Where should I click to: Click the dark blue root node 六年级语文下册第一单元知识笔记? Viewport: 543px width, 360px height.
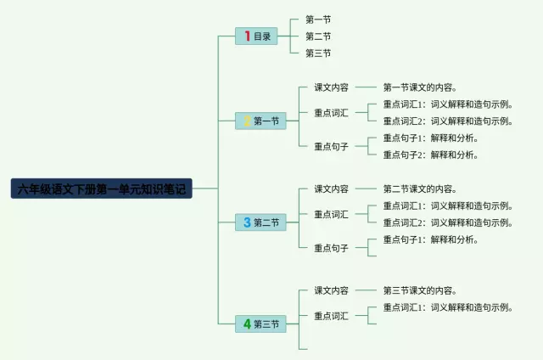click(x=102, y=188)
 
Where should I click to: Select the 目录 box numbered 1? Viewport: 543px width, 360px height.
click(x=256, y=36)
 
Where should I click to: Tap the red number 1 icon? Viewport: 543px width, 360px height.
click(x=247, y=36)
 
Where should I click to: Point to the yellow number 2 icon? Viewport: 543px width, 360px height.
click(x=247, y=121)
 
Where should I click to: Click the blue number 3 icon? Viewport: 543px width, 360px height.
click(x=247, y=222)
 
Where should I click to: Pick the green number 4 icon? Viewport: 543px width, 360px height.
click(x=247, y=324)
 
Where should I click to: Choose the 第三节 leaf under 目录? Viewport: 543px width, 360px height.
click(x=318, y=53)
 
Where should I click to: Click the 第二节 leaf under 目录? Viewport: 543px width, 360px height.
click(x=318, y=36)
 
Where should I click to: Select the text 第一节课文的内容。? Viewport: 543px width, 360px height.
click(x=420, y=87)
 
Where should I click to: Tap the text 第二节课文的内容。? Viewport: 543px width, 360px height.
click(x=420, y=188)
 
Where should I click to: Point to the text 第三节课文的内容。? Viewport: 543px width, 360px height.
click(x=420, y=290)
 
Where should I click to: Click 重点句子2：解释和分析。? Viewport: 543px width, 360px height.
click(x=430, y=155)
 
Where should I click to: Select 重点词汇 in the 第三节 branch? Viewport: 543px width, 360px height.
click(x=331, y=316)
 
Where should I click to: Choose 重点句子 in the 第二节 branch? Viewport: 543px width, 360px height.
click(x=331, y=248)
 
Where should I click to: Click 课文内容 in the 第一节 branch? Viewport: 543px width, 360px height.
click(x=331, y=87)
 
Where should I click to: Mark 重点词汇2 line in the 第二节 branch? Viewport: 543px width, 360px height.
click(x=448, y=222)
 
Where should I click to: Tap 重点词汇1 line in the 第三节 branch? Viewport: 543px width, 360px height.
click(x=448, y=307)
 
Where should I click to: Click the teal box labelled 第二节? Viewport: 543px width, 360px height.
click(x=260, y=222)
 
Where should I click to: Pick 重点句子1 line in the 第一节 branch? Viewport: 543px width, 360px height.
click(x=430, y=138)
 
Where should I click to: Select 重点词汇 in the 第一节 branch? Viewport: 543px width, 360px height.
click(x=331, y=113)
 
